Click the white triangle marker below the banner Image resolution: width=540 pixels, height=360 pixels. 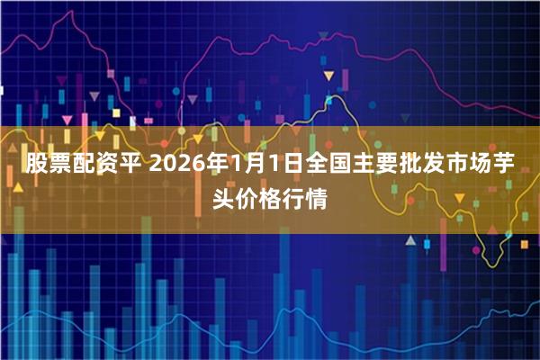410,241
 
